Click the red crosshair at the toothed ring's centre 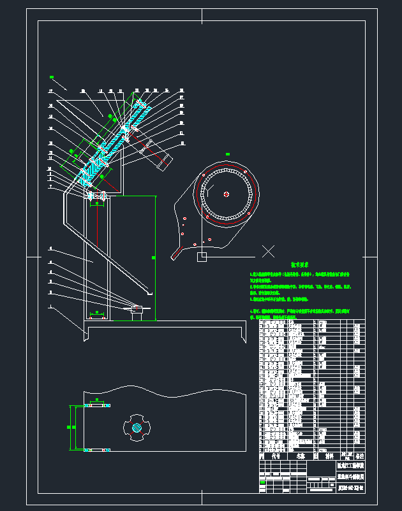pos(226,194)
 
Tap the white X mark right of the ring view pos(269,251)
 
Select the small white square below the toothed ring pos(202,257)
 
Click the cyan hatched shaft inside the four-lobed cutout pos(137,428)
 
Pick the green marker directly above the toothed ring pos(227,154)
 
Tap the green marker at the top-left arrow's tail pos(52,78)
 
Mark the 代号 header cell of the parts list pos(276,456)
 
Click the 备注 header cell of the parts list pos(360,456)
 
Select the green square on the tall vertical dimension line pos(153,257)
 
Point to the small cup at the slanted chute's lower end pos(149,293)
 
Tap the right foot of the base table pos(242,335)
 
